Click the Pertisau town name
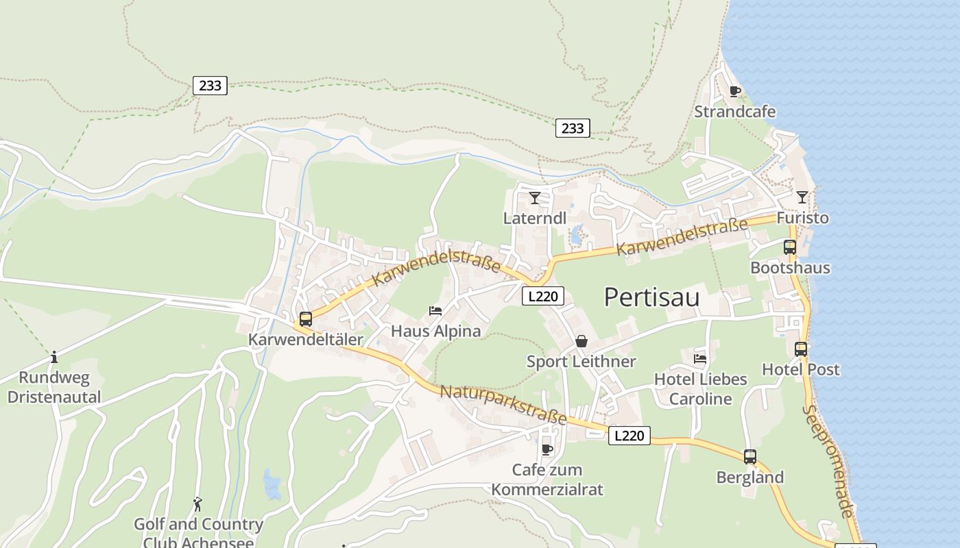tap(651, 297)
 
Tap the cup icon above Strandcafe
tap(735, 91)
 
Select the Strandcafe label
tap(735, 112)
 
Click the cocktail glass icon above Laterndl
tap(535, 198)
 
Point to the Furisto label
tap(802, 218)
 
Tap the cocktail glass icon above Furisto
tap(802, 197)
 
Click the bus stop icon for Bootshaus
tap(790, 247)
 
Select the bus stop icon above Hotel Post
tap(801, 349)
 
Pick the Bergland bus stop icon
tap(750, 457)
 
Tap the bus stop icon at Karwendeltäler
tap(306, 319)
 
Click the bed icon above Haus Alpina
tap(435, 310)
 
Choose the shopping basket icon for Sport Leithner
tap(581, 341)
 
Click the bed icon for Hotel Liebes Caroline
tap(700, 358)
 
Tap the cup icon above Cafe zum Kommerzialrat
tap(547, 449)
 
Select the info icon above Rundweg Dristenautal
tap(54, 357)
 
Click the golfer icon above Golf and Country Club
tap(198, 504)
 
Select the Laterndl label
tap(535, 219)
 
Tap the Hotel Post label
tap(801, 370)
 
